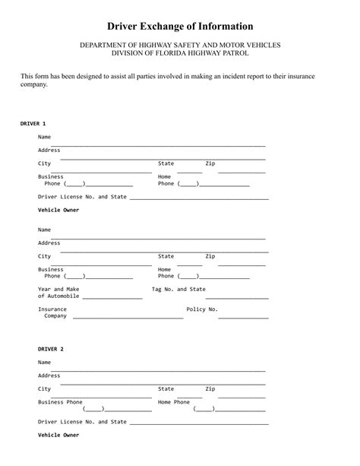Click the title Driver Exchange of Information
coord(180,27)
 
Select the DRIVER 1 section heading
coord(33,122)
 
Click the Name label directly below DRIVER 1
coord(44,137)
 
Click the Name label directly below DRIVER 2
coord(44,363)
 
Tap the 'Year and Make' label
coord(58,289)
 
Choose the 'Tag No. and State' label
coord(178,289)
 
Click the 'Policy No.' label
coord(202,309)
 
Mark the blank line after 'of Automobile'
coord(112,297)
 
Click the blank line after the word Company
coord(127,318)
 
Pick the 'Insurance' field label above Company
coord(52,309)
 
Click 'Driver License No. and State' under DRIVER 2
coord(82,421)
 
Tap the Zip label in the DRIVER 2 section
coord(210,388)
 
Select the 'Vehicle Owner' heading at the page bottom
coord(58,436)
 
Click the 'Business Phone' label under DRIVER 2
coord(60,401)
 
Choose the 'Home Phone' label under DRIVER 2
coord(174,401)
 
